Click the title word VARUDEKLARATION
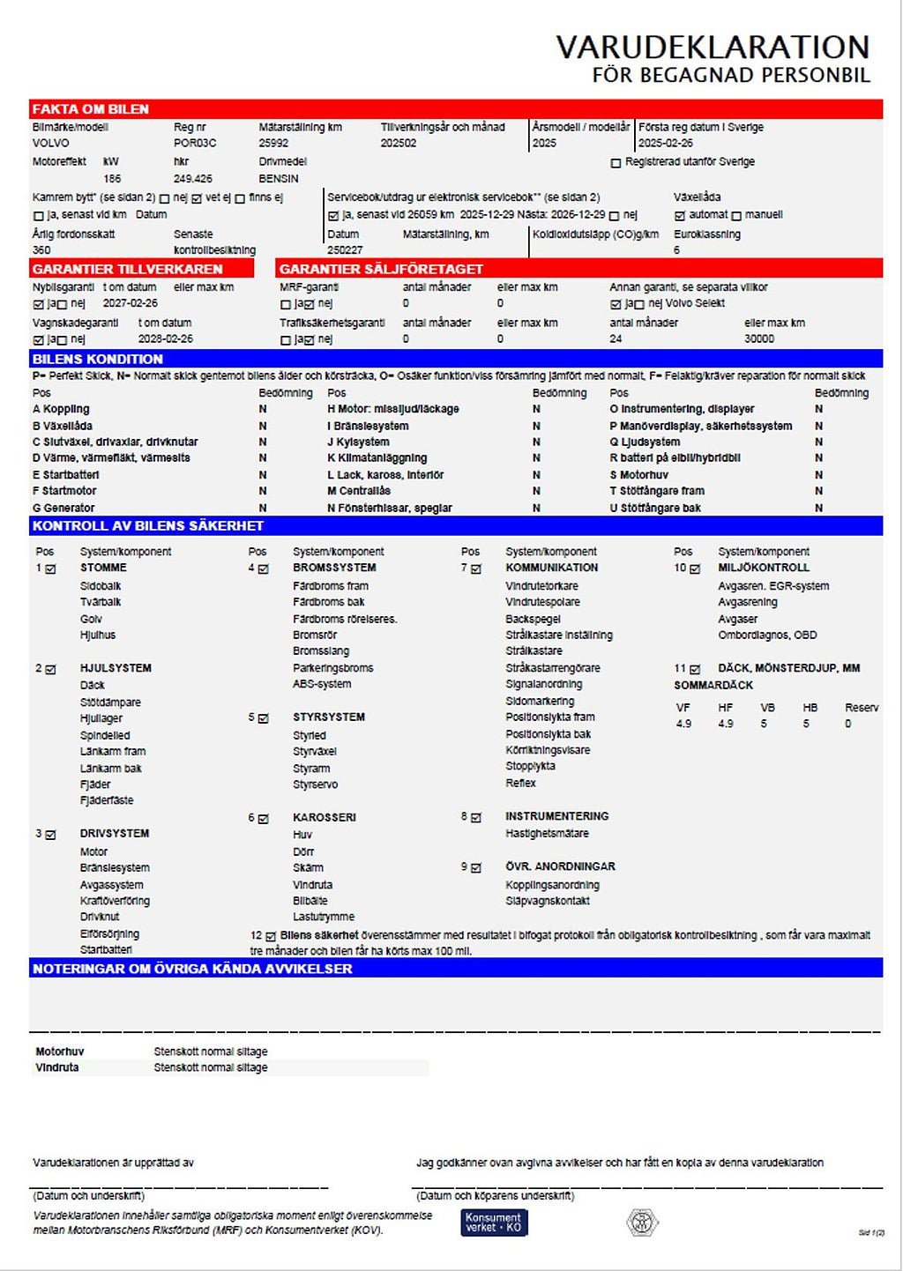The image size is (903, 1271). click(x=713, y=47)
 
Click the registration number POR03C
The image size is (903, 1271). click(x=195, y=143)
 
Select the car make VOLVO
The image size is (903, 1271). click(x=51, y=143)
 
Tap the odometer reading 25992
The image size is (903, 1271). click(x=273, y=143)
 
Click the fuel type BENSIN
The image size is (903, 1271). click(x=279, y=178)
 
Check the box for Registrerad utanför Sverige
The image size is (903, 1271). click(x=616, y=163)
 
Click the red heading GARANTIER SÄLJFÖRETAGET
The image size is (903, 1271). click(x=381, y=269)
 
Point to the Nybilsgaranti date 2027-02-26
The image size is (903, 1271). click(x=131, y=303)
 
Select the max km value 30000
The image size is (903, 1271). click(x=759, y=338)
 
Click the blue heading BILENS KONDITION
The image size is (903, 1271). click(x=98, y=359)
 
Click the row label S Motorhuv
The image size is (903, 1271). click(x=638, y=475)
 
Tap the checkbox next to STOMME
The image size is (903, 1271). click(x=51, y=569)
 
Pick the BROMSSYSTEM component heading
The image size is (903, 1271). click(x=334, y=568)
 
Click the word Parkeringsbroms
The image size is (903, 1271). click(x=333, y=668)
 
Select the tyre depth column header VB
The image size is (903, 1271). click(x=767, y=708)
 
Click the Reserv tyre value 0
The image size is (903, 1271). click(x=848, y=724)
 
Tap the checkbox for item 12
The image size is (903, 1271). click(x=271, y=936)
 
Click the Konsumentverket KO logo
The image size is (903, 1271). click(x=494, y=1223)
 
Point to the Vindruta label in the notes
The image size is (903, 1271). click(x=57, y=1067)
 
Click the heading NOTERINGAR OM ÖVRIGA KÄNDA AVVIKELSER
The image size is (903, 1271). click(x=192, y=969)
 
